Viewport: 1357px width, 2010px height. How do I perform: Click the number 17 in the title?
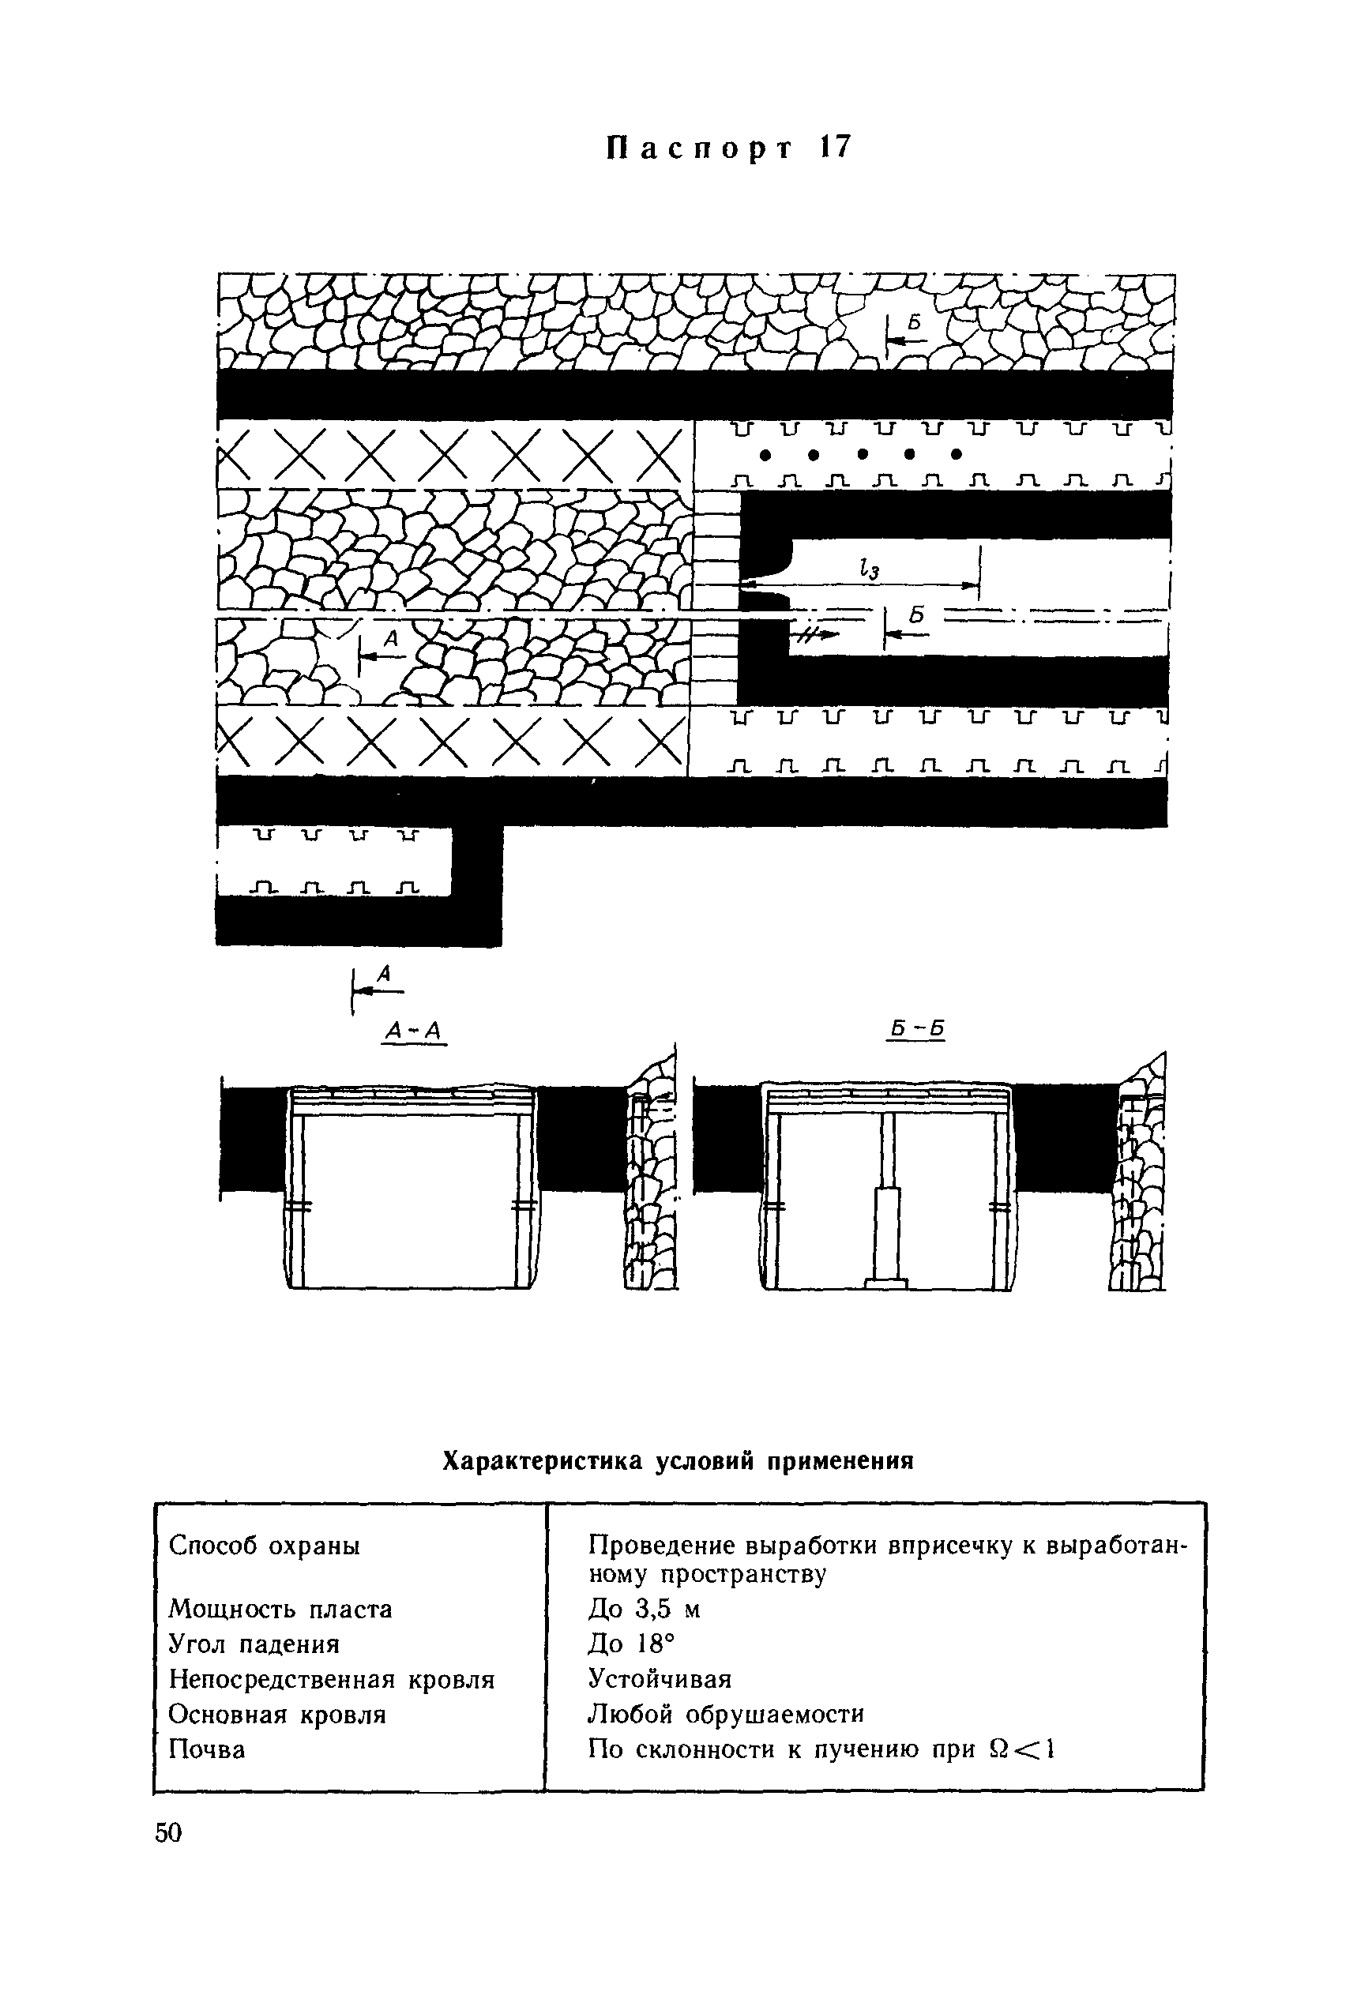[x=834, y=148]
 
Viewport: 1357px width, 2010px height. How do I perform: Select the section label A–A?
[x=413, y=1030]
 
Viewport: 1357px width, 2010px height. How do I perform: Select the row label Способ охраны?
[x=265, y=1545]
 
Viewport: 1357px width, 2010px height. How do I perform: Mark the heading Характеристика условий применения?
[x=678, y=1461]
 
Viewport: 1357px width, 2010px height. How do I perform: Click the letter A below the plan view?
[x=385, y=975]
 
